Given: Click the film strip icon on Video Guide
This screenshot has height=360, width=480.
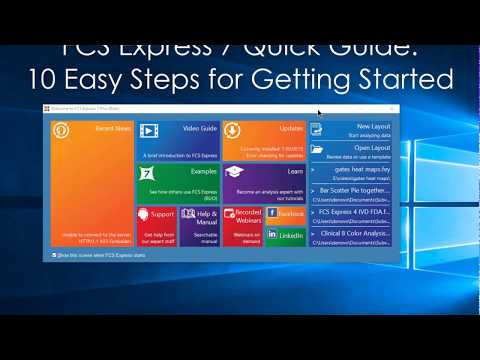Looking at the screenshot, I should [x=149, y=131].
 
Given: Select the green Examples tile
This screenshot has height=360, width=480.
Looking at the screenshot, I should [x=177, y=183].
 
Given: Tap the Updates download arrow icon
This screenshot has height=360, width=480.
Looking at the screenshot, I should [x=231, y=131].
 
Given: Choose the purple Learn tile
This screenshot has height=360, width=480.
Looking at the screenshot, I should [x=263, y=183].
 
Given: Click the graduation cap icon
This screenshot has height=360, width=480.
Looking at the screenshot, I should [x=234, y=173].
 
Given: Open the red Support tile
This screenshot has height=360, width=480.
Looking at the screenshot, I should [x=156, y=225].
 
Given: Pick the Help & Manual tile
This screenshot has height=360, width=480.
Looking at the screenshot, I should [x=199, y=225].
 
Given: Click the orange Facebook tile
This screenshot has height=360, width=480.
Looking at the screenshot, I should [x=286, y=214].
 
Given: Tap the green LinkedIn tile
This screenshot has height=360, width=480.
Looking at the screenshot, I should [x=286, y=236].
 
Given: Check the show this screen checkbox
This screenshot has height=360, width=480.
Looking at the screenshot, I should [x=54, y=255].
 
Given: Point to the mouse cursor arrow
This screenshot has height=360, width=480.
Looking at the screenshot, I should [x=320, y=114].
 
